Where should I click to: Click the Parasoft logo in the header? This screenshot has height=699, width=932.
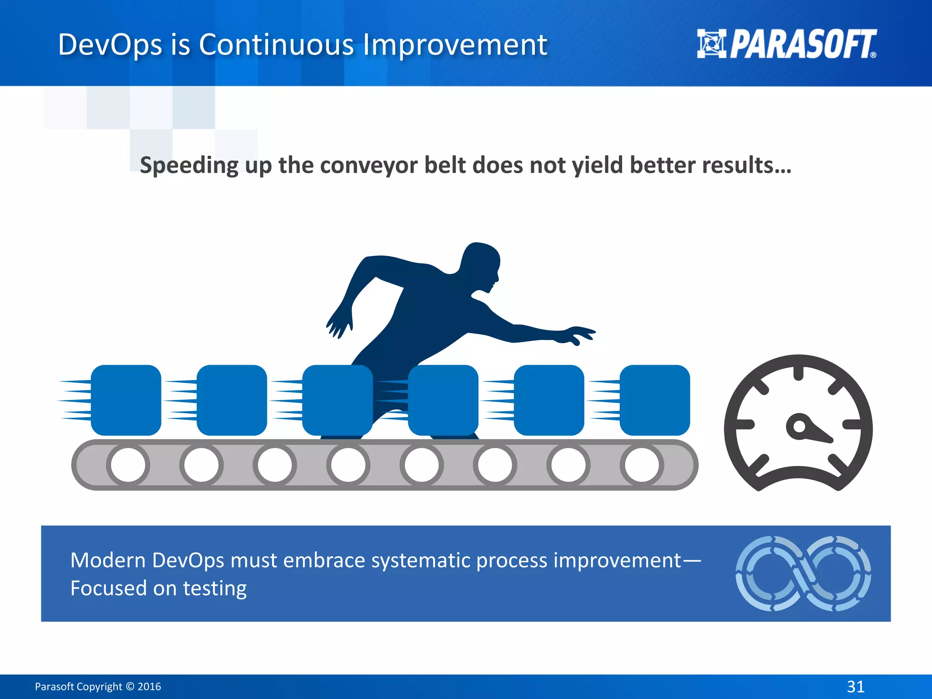pos(786,44)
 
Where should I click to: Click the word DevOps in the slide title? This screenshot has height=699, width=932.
pos(110,45)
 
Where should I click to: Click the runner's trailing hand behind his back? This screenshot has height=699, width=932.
pos(339,324)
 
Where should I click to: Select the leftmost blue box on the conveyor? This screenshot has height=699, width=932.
pos(126,400)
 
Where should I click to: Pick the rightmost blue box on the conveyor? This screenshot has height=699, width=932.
pos(654,400)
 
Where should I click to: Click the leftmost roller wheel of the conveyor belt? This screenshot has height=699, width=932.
pos(128,465)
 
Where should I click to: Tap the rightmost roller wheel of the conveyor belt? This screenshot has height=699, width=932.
pos(641,465)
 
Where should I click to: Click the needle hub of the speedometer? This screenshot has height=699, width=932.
pos(799,426)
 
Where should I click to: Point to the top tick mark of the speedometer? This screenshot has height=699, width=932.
pos(798,373)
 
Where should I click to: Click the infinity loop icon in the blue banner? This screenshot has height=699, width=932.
pos(803,573)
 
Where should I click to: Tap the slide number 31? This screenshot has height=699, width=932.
pos(856,686)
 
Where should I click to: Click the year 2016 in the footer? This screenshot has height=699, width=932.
pos(149,686)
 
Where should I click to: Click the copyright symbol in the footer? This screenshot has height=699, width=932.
pos(130,686)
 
